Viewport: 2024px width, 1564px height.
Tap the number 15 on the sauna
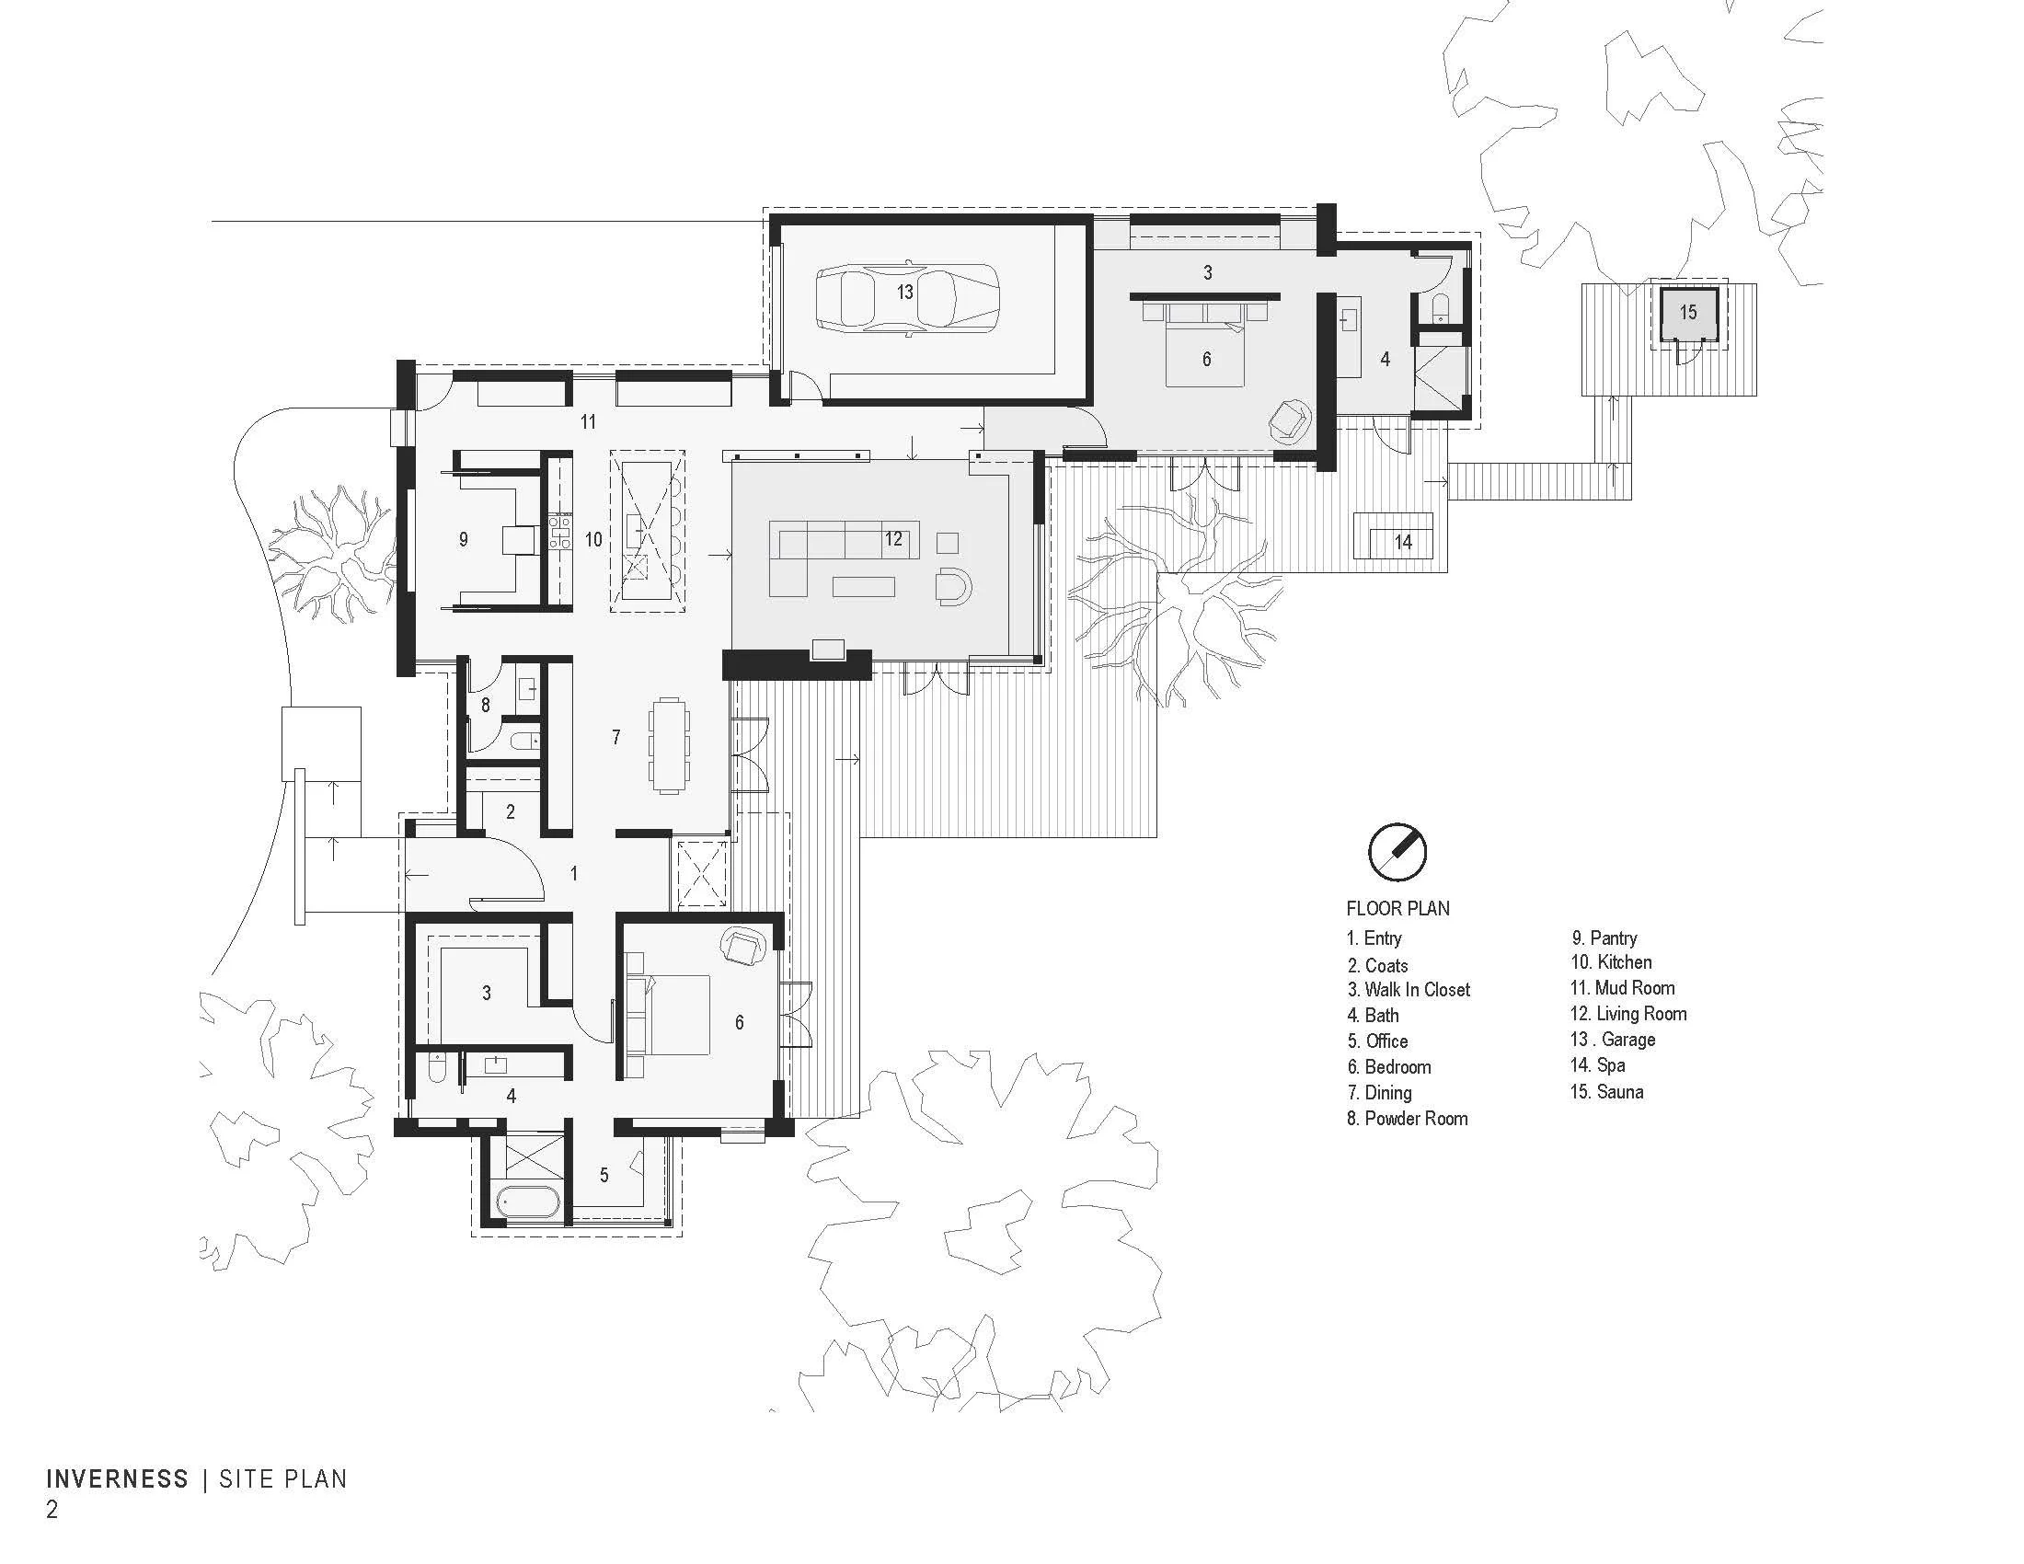[1687, 312]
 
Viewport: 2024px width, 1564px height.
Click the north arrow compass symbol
[1397, 852]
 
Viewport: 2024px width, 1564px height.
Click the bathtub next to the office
[528, 1204]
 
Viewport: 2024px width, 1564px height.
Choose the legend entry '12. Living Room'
[1628, 1014]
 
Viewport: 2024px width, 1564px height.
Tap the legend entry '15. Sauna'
[1607, 1091]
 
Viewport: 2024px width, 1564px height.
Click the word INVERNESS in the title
[118, 1478]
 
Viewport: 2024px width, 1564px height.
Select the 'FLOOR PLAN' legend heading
[1397, 908]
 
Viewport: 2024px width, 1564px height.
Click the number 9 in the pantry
[464, 539]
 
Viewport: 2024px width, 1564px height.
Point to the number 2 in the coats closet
[511, 811]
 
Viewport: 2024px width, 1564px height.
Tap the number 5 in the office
[604, 1175]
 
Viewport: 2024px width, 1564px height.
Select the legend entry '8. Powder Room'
[1407, 1119]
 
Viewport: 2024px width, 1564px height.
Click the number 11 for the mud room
[588, 422]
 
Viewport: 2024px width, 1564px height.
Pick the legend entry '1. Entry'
[1374, 937]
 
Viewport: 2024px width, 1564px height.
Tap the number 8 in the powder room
[485, 705]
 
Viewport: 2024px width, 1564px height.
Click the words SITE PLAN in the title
[282, 1478]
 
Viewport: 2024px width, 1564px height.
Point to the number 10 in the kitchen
[593, 539]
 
